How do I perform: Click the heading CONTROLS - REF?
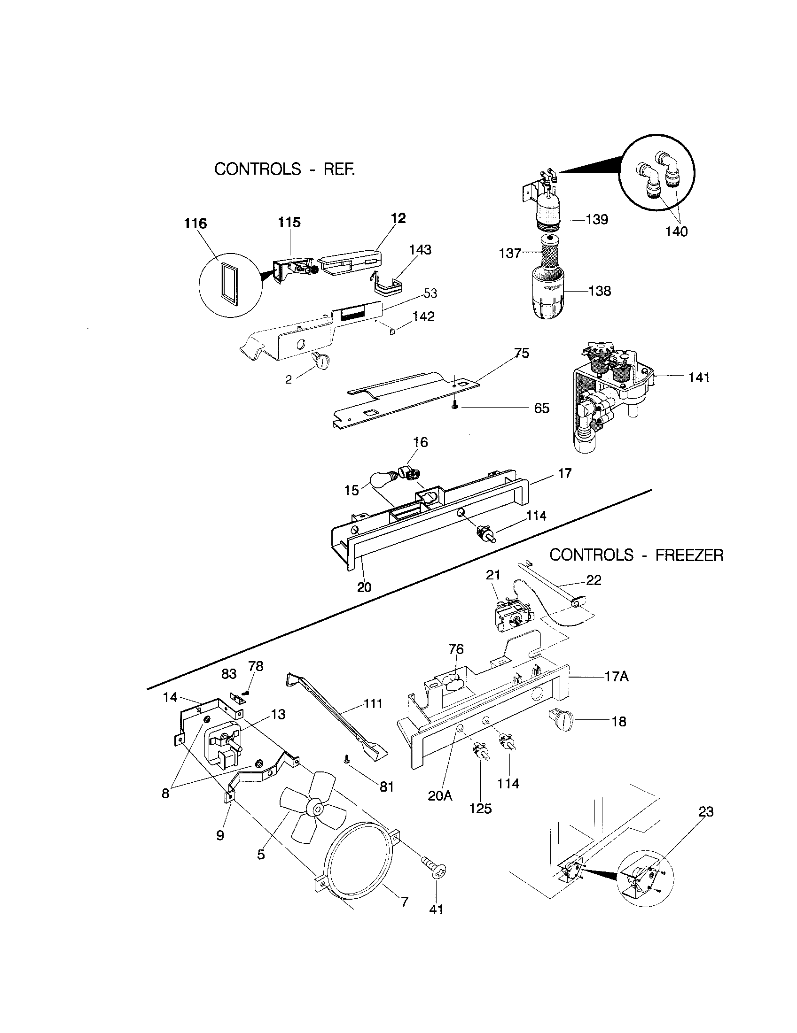point(284,169)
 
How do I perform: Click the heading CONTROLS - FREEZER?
point(636,555)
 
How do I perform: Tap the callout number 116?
point(195,223)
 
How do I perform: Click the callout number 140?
point(676,232)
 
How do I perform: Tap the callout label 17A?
point(616,677)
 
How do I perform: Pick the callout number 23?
point(706,812)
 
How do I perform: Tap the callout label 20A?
point(440,795)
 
